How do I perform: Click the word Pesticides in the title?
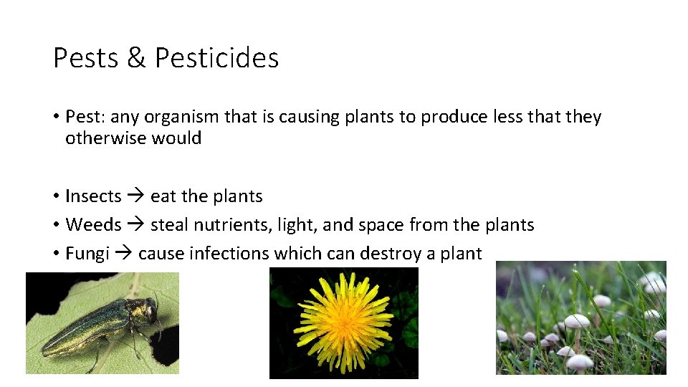[x=216, y=58]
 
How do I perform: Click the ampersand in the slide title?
[x=136, y=58]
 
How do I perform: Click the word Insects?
[x=93, y=196]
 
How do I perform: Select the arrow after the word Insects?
[x=135, y=196]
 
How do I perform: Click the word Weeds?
[x=93, y=225]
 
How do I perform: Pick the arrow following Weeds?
[x=135, y=225]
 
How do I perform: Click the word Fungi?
[x=87, y=254]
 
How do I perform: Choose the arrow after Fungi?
[x=124, y=254]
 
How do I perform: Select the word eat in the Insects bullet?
[x=163, y=196]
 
